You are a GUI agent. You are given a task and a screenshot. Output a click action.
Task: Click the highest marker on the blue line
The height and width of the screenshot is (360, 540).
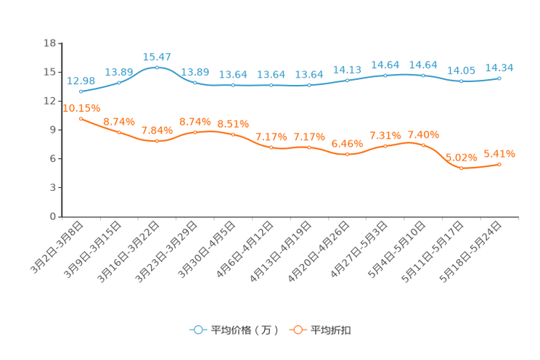[157, 67]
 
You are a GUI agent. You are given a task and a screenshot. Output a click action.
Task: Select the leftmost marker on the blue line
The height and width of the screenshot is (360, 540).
[81, 92]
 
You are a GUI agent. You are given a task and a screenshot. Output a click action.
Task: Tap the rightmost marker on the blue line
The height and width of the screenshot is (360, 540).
[499, 78]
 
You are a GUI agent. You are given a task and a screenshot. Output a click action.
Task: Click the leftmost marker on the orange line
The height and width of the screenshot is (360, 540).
[81, 118]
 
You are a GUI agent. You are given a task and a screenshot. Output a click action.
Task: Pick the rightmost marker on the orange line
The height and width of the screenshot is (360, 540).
[499, 165]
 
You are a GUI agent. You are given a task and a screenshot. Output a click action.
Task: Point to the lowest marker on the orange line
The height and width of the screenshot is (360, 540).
[461, 168]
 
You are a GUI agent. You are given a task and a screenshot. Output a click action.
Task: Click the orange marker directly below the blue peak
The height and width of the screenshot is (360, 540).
[157, 141]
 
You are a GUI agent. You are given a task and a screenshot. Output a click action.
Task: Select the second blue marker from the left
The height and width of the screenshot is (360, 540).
[119, 82]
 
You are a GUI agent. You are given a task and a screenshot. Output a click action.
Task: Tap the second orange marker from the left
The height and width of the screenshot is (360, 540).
[119, 132]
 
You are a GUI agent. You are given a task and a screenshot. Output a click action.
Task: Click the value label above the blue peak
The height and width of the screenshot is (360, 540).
[157, 56]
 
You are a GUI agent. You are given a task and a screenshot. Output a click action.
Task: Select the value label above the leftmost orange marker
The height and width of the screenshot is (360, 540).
[81, 108]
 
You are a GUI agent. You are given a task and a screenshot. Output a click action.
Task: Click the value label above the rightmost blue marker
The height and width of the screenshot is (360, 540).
[499, 67]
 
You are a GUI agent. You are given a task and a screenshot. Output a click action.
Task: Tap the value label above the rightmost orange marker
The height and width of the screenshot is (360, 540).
[499, 154]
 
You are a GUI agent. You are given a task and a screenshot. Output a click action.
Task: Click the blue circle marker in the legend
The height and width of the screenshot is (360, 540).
[197, 330]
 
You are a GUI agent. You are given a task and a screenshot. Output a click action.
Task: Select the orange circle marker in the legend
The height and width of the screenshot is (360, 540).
[297, 330]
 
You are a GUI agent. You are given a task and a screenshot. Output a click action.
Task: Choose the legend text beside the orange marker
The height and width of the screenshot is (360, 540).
[332, 330]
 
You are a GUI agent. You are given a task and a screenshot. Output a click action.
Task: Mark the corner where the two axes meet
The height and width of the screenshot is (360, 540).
[60, 216]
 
